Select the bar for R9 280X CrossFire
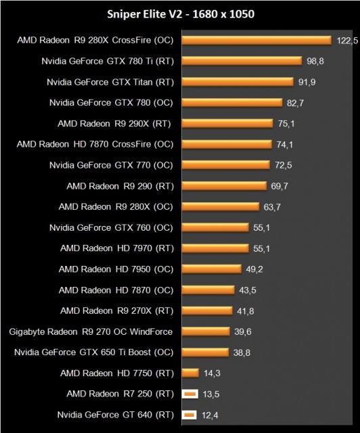(x=256, y=41)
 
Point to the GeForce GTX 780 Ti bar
(x=242, y=61)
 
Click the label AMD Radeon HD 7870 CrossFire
(x=95, y=144)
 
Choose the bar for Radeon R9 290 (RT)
(x=223, y=186)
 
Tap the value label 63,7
(x=273, y=206)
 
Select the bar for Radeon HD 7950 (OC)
(x=211, y=269)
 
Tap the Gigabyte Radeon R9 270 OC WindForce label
(x=91, y=332)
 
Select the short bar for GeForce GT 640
(x=189, y=414)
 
